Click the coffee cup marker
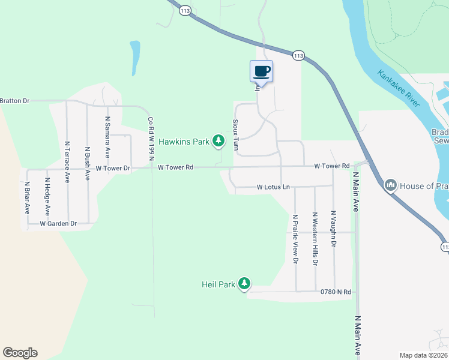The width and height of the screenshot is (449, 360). click(261, 71)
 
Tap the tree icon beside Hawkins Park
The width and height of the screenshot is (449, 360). click(219, 141)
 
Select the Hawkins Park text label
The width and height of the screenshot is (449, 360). click(183, 142)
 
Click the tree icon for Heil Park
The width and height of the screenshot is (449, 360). click(244, 283)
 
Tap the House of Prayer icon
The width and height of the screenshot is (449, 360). click(391, 185)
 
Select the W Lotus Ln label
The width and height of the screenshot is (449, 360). click(273, 187)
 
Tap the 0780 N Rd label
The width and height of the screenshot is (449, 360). click(335, 292)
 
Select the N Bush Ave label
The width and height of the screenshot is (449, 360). click(88, 164)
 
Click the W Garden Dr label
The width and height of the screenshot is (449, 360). click(58, 224)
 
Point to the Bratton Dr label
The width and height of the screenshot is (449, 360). click(15, 101)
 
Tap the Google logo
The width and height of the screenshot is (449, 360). click(20, 353)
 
